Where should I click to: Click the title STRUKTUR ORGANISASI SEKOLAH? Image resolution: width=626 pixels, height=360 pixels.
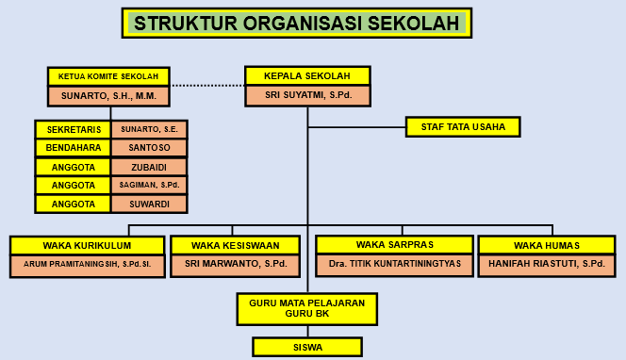[x=297, y=24]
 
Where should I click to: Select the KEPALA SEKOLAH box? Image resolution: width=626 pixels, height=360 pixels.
[x=307, y=75]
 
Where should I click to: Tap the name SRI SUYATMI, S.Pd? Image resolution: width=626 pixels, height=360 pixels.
[x=308, y=95]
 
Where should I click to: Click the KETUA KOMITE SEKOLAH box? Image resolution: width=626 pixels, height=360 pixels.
[x=108, y=76]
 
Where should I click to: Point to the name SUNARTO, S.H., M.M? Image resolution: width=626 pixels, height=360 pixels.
[x=108, y=96]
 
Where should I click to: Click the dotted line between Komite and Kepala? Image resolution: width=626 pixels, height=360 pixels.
[x=207, y=86]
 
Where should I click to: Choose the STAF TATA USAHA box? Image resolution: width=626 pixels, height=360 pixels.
[x=463, y=127]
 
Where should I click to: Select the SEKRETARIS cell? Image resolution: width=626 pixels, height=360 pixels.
[x=73, y=130]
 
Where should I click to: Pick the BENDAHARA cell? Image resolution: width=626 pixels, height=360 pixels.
[x=73, y=148]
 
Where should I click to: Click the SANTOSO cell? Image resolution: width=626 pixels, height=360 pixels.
[x=149, y=148]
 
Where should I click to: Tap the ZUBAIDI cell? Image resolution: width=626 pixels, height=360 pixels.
[x=149, y=167]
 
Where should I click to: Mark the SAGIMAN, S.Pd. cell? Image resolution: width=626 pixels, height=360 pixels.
[x=149, y=186]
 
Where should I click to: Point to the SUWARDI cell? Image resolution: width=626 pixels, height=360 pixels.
[x=149, y=204]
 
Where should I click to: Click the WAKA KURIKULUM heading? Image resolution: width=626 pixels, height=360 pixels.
[x=87, y=245]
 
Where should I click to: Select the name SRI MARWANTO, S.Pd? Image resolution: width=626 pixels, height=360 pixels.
[x=236, y=264]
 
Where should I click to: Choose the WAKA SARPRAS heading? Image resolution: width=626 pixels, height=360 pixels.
[x=395, y=245]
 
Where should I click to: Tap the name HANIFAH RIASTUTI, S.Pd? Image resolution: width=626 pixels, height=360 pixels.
[x=547, y=264]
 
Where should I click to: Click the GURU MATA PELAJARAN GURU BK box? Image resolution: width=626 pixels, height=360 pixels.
[x=307, y=309]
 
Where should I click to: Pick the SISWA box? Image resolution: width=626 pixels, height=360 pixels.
[x=307, y=347]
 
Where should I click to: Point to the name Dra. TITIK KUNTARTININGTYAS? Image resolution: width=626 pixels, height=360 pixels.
[x=395, y=264]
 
